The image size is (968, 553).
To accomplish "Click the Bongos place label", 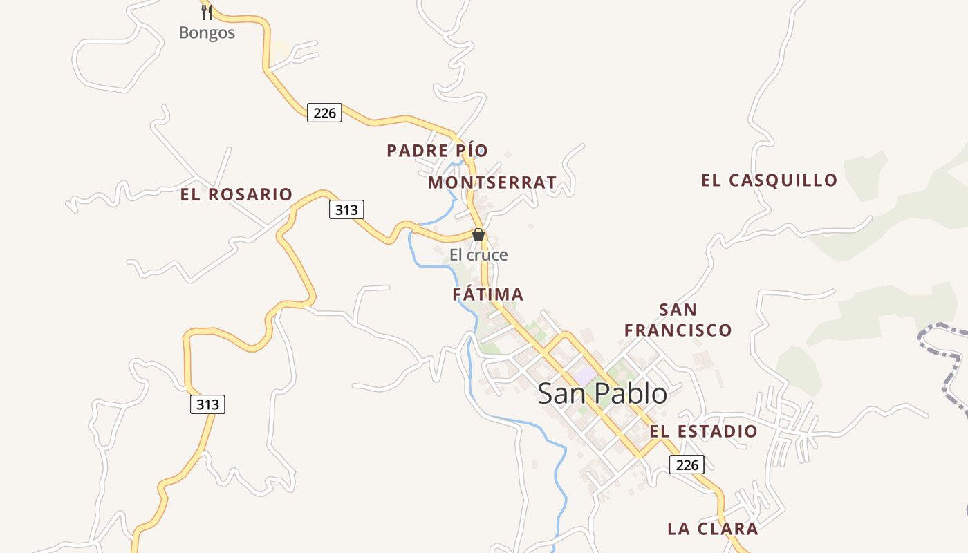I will [207, 32].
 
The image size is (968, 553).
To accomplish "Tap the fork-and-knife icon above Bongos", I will [206, 12].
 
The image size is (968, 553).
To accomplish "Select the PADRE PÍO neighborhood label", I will [437, 151].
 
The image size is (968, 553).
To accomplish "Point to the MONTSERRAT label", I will [492, 182].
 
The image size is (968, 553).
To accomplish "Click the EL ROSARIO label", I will [236, 195].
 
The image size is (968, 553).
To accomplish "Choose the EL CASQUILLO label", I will [769, 180].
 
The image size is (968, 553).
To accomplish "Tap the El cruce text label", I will [478, 255].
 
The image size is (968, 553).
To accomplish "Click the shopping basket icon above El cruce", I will [478, 234].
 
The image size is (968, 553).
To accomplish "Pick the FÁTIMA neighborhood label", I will [488, 294].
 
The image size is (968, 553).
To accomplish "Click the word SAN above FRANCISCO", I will [678, 310].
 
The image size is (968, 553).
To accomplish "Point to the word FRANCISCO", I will [678, 330].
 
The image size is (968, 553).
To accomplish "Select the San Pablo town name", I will [602, 393].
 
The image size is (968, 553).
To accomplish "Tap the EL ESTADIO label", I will [703, 431].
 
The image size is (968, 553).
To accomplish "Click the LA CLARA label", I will [713, 529].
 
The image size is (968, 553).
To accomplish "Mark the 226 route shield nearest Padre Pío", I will [324, 113].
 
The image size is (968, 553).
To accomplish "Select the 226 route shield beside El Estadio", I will [687, 465].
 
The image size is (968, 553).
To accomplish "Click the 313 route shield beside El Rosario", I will [346, 209].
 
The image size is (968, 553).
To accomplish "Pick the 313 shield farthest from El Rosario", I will [207, 404].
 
